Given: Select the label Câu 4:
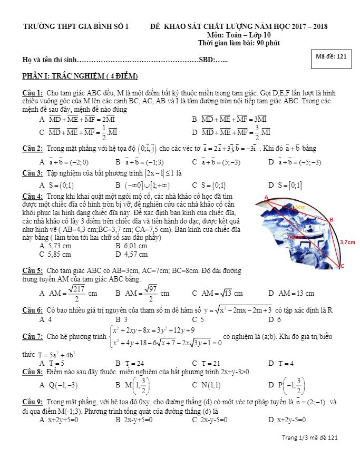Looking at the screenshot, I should click(x=32, y=196).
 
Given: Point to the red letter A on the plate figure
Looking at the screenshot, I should click(x=266, y=197).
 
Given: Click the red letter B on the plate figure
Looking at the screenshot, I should click(x=331, y=220).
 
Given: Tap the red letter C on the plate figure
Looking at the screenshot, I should click(x=342, y=266).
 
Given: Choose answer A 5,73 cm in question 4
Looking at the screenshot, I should click(x=55, y=246).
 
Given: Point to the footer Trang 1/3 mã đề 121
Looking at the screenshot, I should click(x=310, y=437).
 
